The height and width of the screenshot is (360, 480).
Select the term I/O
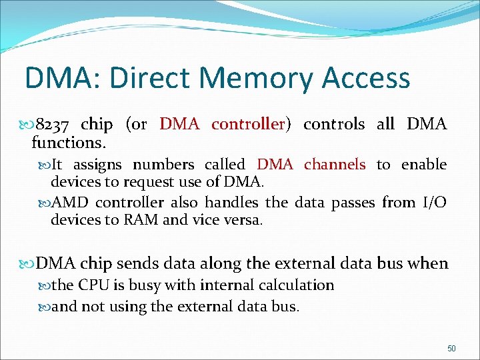coord(435,203)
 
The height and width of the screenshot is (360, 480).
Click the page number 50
coord(451,348)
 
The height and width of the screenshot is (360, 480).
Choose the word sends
coord(129,263)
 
